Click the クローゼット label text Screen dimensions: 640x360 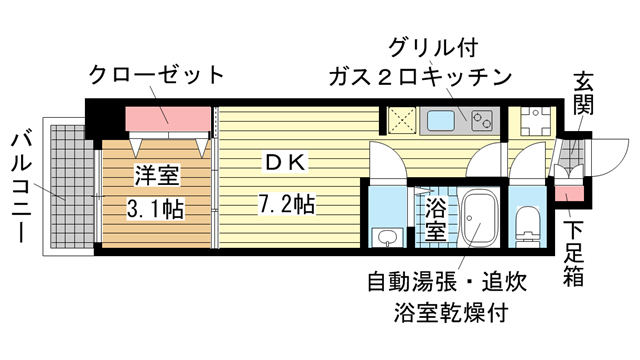156,75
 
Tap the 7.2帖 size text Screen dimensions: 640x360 285,205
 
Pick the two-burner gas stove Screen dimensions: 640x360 481,122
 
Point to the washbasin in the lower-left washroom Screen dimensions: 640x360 385,236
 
